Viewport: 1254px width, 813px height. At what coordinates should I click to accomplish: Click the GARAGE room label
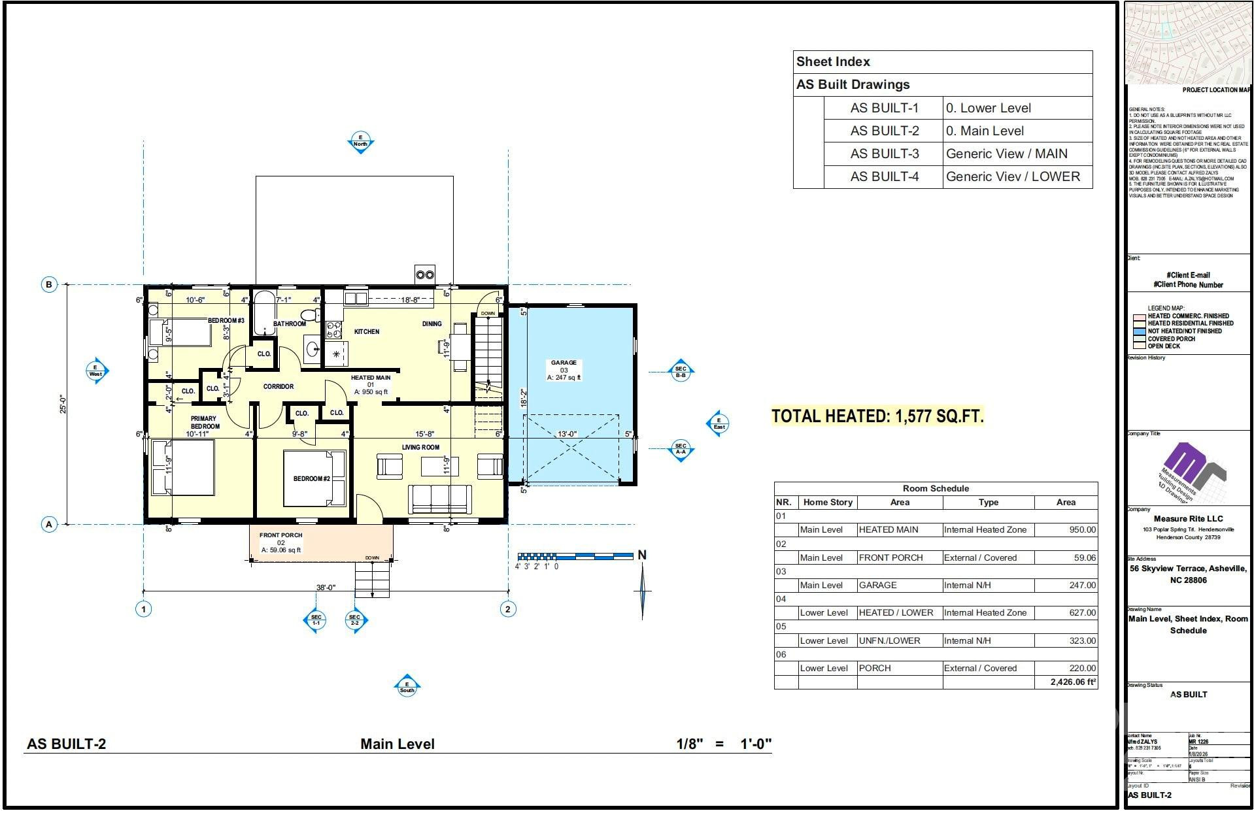(563, 363)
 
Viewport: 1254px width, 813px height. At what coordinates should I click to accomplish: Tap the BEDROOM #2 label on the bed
(311, 478)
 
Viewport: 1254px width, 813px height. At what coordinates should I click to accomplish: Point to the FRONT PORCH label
(280, 535)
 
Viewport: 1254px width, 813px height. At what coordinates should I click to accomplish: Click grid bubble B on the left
(49, 284)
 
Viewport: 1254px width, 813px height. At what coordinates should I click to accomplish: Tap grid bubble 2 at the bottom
(508, 609)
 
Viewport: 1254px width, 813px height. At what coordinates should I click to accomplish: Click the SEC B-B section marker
(681, 372)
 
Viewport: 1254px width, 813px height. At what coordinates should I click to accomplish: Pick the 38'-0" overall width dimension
(325, 587)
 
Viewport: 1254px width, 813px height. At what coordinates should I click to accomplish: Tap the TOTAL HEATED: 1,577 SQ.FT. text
(877, 416)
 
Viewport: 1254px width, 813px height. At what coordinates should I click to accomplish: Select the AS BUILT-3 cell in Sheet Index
(884, 154)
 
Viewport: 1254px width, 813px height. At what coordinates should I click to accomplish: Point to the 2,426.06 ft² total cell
(1072, 682)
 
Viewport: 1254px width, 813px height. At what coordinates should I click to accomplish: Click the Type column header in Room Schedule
(988, 503)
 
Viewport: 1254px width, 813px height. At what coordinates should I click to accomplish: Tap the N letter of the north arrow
(642, 555)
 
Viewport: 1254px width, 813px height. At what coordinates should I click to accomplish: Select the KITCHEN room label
(366, 332)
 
